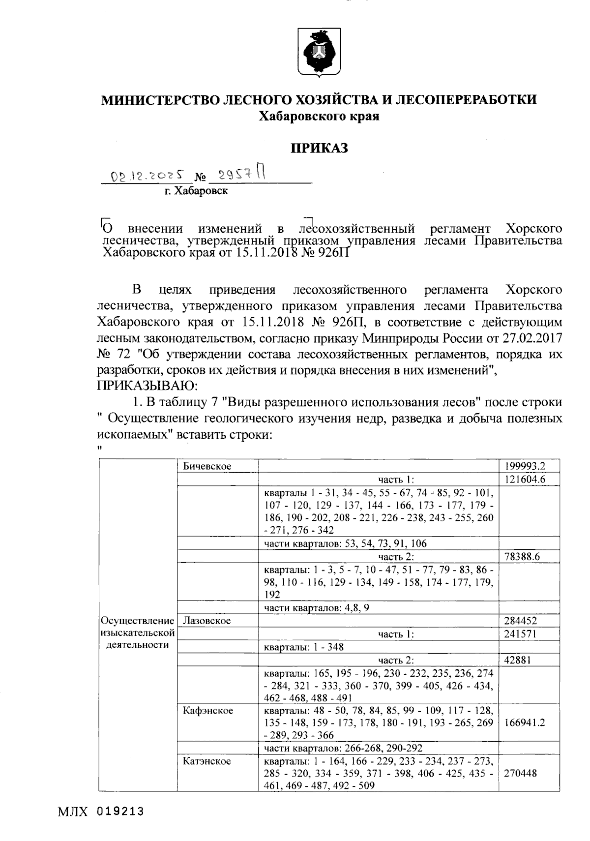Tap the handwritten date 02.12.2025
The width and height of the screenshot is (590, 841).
tap(148, 176)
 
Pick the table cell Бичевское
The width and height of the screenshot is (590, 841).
tap(207, 466)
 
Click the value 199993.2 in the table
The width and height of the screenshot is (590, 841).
tap(525, 466)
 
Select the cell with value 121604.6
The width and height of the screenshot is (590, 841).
tap(525, 480)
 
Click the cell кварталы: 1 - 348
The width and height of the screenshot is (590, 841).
tap(304, 647)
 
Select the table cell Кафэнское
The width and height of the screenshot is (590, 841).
tap(207, 711)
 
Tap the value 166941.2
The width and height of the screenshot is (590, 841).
tap(525, 723)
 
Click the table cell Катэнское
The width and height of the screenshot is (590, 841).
tap(206, 762)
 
